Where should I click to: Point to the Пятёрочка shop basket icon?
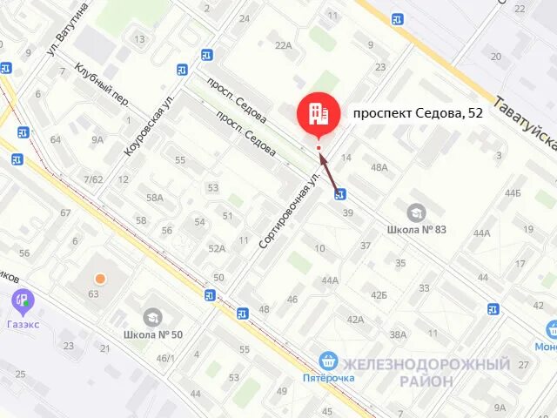point(328,360)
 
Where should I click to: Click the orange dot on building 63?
point(101,279)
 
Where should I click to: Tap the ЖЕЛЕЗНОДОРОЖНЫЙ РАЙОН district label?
point(426,372)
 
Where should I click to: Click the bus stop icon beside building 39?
point(339,194)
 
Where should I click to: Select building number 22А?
point(283,45)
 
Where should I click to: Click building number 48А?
point(379,167)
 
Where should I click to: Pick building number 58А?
point(155,198)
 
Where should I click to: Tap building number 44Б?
point(512,192)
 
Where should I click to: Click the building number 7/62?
point(93,179)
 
